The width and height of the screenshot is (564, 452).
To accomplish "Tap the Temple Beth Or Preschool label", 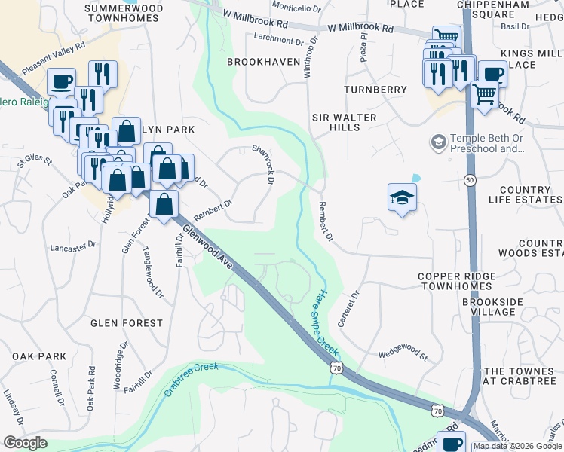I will point(486,143).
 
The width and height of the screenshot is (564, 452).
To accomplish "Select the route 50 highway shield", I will point(471,180).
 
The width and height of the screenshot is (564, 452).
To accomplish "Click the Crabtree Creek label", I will point(192,380).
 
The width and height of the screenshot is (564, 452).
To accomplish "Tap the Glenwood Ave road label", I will point(208,245).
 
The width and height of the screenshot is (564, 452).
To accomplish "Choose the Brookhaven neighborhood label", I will point(263,61).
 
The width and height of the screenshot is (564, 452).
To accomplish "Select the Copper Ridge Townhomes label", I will point(458,282).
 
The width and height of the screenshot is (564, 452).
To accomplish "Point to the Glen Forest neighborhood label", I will point(127,323).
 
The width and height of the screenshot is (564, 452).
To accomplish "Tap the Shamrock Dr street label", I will point(265,163).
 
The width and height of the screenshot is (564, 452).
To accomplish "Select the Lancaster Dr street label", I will point(73,246).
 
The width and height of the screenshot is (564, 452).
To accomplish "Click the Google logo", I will point(26,443).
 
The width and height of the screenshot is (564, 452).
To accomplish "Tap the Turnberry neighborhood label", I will point(375,90).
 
